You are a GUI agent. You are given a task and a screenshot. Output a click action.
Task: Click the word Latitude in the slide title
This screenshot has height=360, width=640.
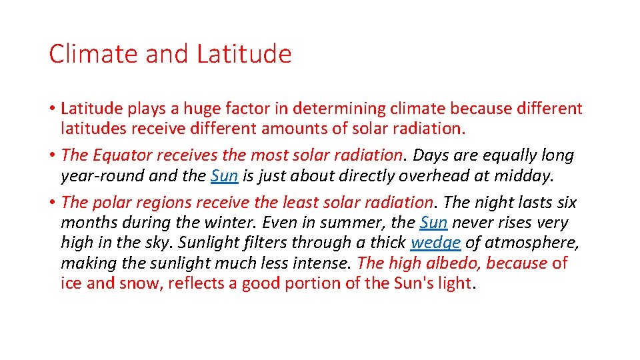click(x=244, y=54)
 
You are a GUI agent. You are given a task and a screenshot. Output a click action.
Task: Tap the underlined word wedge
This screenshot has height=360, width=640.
click(x=435, y=243)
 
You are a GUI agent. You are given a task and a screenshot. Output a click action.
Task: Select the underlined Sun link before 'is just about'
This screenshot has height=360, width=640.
click(x=224, y=176)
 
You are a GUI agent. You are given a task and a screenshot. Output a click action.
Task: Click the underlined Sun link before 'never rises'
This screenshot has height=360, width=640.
click(x=433, y=223)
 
